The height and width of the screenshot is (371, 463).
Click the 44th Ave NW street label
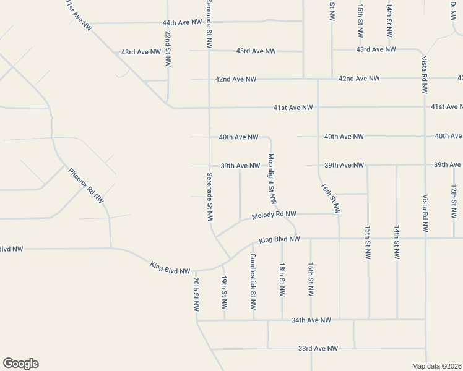point(183,22)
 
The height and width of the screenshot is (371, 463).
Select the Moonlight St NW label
point(271,179)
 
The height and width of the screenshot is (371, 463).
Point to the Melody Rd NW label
point(274,215)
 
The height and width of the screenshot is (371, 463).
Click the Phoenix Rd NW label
point(85,185)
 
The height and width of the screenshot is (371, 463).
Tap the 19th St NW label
point(224,292)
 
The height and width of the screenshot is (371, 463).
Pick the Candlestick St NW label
point(253,281)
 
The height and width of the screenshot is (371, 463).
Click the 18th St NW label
point(282,278)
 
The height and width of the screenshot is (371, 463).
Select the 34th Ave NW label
point(311,320)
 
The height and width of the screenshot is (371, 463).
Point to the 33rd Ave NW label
point(318,349)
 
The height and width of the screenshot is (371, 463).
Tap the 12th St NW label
point(454,200)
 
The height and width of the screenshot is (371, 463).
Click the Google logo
point(20,364)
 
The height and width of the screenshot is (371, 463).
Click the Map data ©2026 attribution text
point(437,366)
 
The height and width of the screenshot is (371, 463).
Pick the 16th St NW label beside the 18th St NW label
point(311,278)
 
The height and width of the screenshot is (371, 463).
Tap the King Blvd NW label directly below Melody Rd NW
point(279,239)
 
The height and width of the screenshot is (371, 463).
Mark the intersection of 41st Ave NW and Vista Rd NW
point(425,107)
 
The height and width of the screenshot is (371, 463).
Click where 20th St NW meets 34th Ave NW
point(197,320)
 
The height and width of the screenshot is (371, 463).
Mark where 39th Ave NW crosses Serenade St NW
point(209,166)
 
